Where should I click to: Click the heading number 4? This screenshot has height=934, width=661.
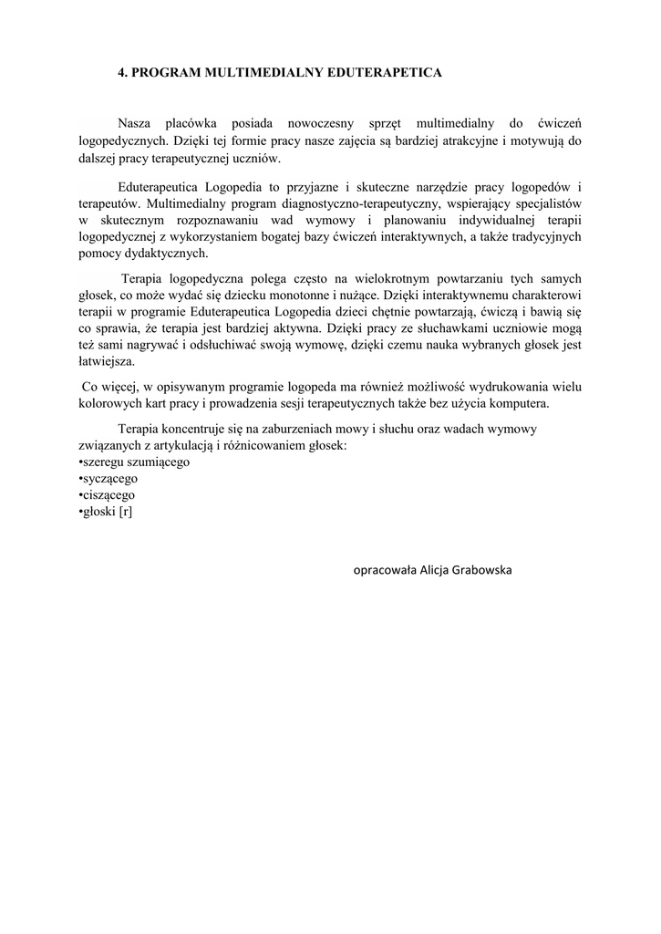click(x=123, y=72)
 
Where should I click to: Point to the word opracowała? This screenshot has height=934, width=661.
click(x=386, y=570)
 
